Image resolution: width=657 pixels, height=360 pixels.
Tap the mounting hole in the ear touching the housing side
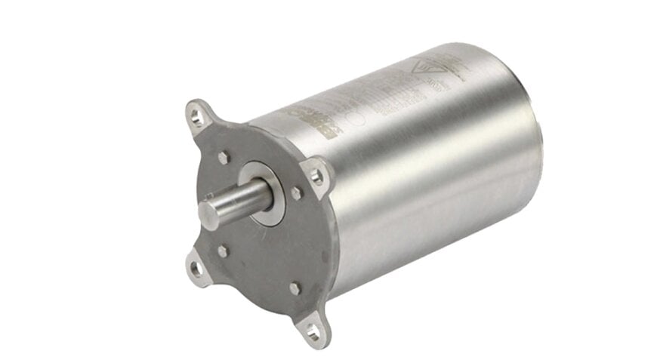(317, 177)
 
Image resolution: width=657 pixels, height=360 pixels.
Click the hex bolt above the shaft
(224, 158)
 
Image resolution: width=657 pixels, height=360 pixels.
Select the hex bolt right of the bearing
(297, 193)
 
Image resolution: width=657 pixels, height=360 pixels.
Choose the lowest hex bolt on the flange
(295, 288)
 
